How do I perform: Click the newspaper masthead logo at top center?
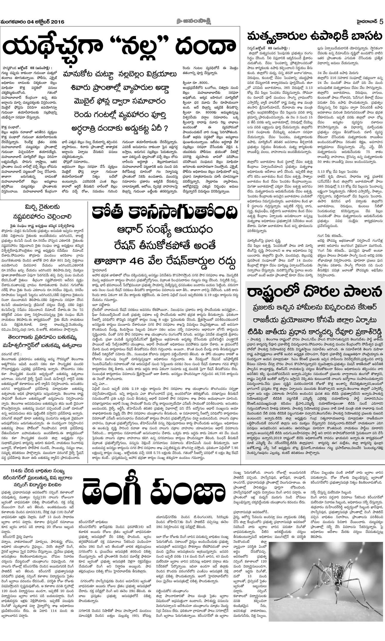pos(192,21)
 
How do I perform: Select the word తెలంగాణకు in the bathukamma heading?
pos(21,338)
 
